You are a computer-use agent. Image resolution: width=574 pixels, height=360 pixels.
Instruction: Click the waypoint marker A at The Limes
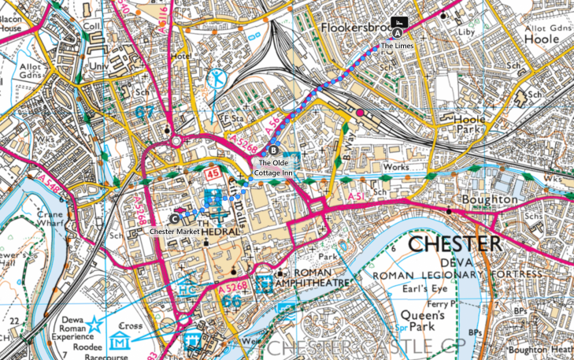pos(398,33)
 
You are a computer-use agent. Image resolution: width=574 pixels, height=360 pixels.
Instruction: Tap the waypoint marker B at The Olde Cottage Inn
pos(273,150)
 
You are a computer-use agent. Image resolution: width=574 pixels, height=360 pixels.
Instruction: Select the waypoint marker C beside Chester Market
pos(174,219)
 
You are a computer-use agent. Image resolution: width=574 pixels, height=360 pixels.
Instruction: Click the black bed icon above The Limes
pos(398,21)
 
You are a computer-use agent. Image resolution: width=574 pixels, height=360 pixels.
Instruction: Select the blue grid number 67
pos(143,113)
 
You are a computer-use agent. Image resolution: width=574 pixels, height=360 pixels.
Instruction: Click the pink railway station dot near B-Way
pos(360,113)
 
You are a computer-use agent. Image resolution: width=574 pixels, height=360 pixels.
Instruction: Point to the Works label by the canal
pos(393,169)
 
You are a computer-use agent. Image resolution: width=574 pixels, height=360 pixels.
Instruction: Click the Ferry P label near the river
pos(440,302)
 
